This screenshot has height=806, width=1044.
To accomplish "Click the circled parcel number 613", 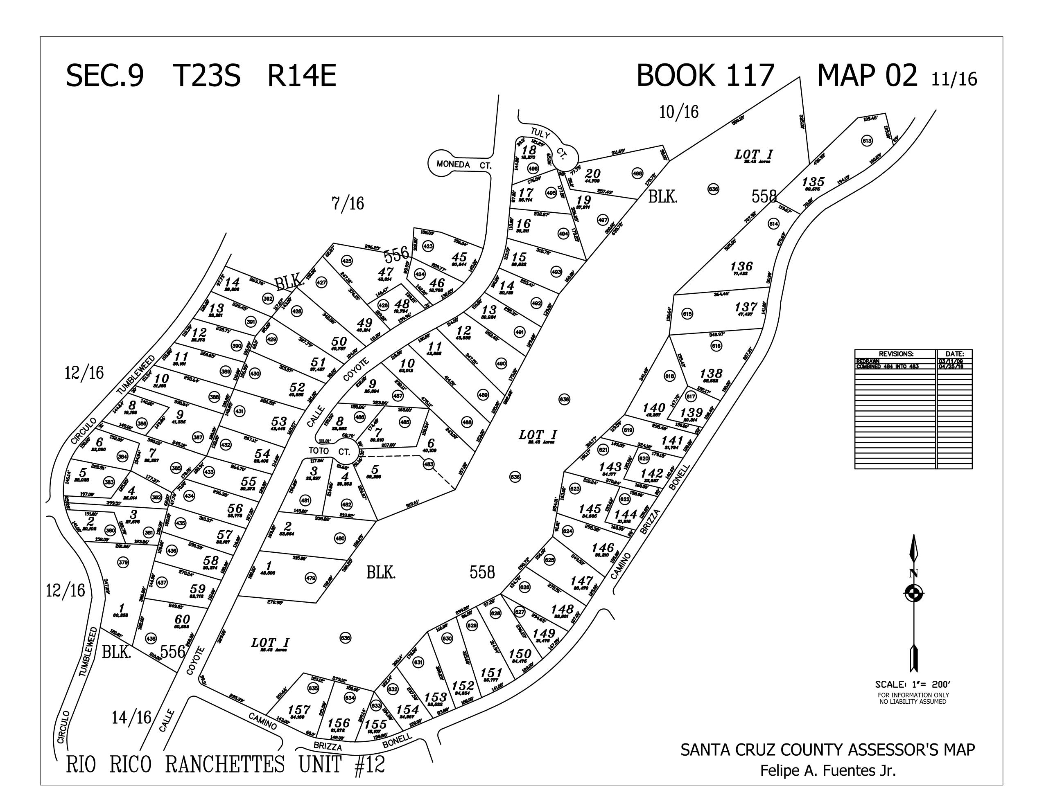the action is tap(867, 141).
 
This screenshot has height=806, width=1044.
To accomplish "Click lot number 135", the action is tap(813, 182).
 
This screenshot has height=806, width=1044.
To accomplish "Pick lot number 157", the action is tap(299, 710).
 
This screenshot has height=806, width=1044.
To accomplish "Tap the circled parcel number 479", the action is tap(311, 578).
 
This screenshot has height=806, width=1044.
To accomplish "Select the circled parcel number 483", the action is tap(429, 464).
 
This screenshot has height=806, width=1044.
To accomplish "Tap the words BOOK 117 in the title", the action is tap(705, 76).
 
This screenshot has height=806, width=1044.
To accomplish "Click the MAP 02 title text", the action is tap(867, 76).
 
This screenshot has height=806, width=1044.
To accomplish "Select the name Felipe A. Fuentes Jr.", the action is tap(828, 771).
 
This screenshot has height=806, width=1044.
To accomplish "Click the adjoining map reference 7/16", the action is tap(348, 204).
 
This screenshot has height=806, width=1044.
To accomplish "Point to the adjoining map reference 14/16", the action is tap(131, 717).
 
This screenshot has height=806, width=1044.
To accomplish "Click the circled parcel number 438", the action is tap(151, 638).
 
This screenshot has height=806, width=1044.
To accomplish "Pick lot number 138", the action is tap(711, 373).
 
